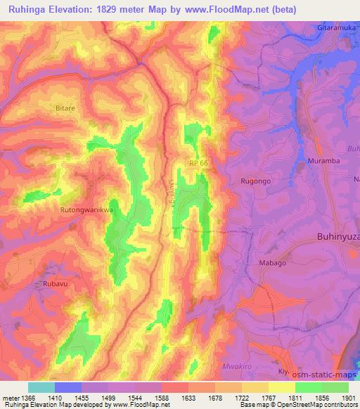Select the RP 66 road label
click(199, 163)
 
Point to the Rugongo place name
click(256, 181)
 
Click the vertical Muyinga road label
click(169, 192)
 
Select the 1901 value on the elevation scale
click(346, 397)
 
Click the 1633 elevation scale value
click(188, 397)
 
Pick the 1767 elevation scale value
click(268, 397)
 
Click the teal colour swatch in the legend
click(41, 387)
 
